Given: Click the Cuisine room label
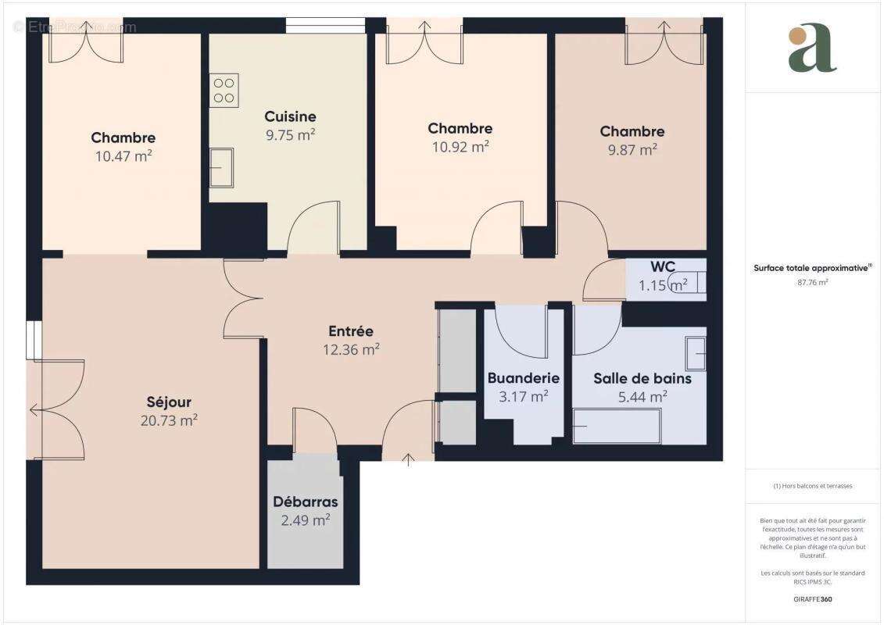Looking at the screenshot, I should click(290, 116).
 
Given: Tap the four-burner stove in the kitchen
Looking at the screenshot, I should click(224, 91).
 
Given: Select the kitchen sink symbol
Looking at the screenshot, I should click(221, 167).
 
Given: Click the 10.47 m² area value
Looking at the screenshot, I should click(123, 155).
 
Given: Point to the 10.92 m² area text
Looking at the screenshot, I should click(460, 146).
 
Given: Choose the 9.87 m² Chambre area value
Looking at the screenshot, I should click(632, 149).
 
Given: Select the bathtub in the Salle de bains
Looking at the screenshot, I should click(617, 426).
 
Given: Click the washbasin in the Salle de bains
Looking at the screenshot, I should click(695, 354).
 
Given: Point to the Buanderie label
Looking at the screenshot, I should click(524, 378).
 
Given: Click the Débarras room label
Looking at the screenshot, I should click(306, 502).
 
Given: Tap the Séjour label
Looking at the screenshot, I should click(169, 402).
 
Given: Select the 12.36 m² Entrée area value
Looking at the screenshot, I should click(352, 349).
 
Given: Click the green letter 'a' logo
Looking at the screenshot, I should click(812, 48).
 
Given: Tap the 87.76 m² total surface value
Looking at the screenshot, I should click(813, 282).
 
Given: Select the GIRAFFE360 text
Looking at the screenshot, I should click(813, 599).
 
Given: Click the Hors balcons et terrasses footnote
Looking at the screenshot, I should click(813, 486).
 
